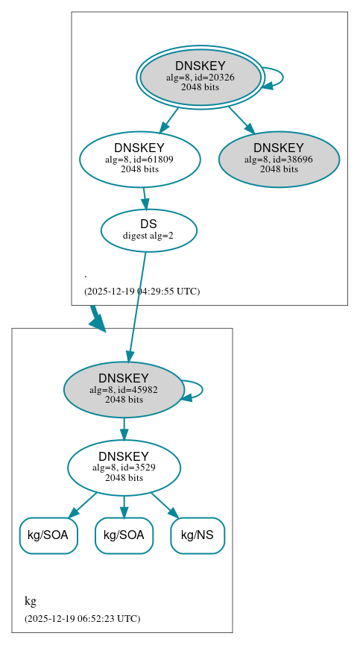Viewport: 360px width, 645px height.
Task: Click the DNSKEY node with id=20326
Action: (200, 77)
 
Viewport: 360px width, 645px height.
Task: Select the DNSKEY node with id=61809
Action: (139, 158)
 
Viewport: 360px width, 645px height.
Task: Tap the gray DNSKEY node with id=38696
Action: (279, 158)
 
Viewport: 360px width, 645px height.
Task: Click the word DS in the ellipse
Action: (148, 224)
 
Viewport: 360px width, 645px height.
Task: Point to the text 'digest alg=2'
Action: (148, 236)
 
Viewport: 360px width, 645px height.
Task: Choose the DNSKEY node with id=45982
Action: (124, 388)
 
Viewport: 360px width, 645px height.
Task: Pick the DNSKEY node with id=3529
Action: (124, 468)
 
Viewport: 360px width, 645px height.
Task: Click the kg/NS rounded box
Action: (198, 535)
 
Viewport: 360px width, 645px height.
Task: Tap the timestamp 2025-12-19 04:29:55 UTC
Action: (142, 291)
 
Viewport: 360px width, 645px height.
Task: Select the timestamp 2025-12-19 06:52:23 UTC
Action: (82, 618)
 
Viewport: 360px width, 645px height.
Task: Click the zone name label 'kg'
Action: (31, 601)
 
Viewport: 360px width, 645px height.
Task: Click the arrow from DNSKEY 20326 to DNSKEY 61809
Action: (169, 119)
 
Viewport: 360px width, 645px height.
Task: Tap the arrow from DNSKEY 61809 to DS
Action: (145, 198)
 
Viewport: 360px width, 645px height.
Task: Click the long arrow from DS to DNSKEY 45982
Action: (137, 306)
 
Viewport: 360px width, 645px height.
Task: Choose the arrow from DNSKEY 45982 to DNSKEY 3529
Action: (124, 429)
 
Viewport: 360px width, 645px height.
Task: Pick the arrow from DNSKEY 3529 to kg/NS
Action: (164, 504)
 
